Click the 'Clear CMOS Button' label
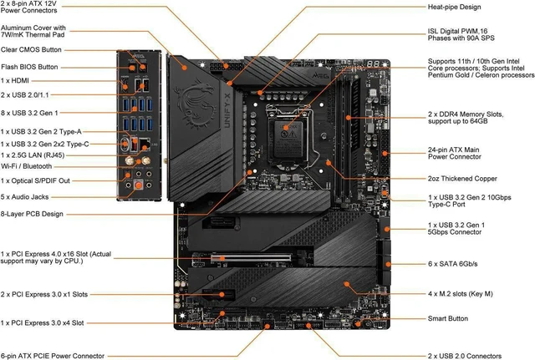pos(31,50)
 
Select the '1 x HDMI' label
pos(15,81)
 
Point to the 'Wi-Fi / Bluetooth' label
pos(26,166)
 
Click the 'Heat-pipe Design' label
pos(454,8)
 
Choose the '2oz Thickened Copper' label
pos(462,179)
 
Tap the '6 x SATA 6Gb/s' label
pos(453,264)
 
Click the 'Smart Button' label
pos(448,318)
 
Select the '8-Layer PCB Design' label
pos(32,214)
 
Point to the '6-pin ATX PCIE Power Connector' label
pos(53,357)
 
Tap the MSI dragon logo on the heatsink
pos(196,104)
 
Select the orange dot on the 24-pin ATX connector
pos(385,154)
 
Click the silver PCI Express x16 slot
pos(251,258)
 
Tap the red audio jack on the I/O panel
pos(138,185)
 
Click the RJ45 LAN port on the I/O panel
pos(145,145)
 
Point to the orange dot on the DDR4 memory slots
pos(348,118)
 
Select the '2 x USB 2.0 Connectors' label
pos(465,357)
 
